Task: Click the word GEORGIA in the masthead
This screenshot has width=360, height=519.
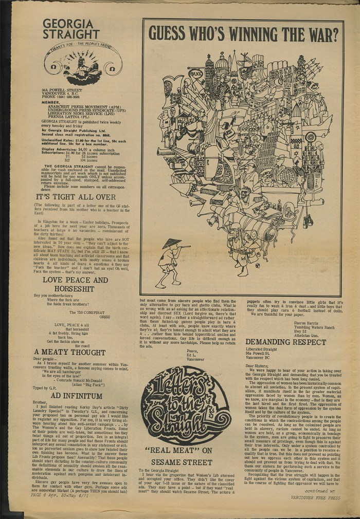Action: point(68,24)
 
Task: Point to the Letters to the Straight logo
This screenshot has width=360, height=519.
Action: point(186,405)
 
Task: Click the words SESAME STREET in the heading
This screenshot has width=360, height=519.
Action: point(186,462)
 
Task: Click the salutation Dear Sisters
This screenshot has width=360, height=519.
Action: point(258,364)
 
